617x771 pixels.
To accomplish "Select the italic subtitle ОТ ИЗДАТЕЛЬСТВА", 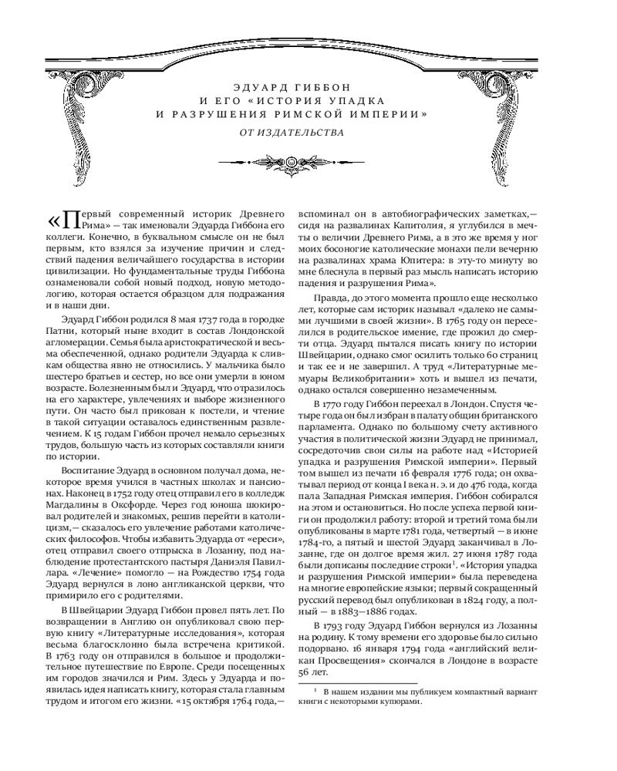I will click(292, 131).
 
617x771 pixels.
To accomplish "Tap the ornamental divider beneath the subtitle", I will click(292, 162).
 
